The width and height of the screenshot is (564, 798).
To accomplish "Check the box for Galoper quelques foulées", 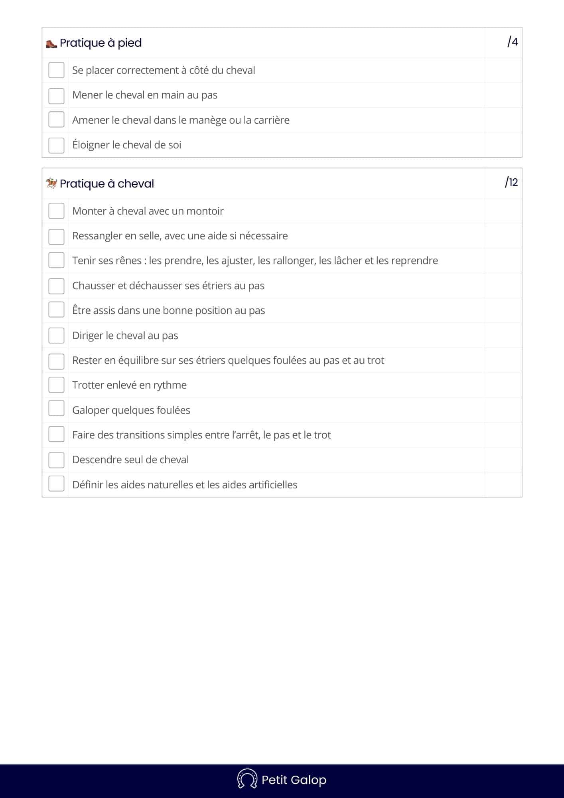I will point(56,409).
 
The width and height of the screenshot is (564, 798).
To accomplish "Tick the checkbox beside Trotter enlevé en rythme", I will point(56,385).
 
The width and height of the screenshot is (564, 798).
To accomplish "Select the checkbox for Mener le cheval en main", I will point(56,96).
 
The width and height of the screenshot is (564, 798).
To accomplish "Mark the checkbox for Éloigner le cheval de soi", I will point(56,145).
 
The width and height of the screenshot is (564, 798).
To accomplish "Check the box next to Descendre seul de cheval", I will point(56,460).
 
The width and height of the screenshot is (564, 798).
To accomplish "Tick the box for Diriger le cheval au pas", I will point(56,336).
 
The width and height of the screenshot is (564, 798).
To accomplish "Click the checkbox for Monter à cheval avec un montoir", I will point(56,211).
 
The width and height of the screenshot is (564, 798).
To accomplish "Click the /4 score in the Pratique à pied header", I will point(513,42).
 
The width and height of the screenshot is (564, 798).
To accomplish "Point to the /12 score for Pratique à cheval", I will point(511,182).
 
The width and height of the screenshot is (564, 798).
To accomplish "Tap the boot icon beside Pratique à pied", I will point(51,43).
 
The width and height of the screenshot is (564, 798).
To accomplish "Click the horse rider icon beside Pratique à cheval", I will point(51,184).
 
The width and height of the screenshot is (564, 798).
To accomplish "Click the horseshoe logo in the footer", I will point(247,778).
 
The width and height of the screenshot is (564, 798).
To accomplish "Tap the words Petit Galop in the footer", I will point(294,780).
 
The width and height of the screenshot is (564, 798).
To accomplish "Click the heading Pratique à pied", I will point(101,43).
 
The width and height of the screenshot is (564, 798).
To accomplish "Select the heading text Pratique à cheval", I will point(107,184).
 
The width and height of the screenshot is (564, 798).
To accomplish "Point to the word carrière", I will point(271,120).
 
